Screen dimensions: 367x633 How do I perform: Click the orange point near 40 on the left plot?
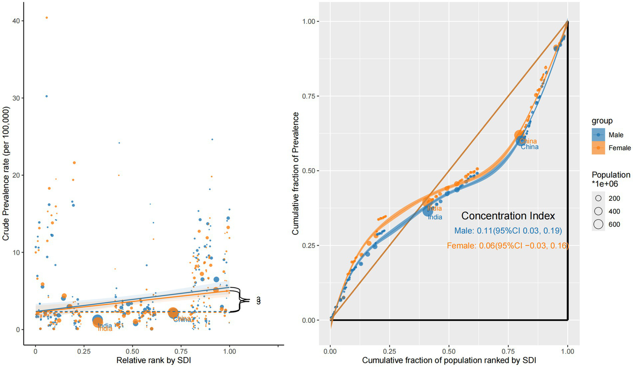tap(47, 18)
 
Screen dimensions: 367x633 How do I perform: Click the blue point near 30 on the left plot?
tap(47, 96)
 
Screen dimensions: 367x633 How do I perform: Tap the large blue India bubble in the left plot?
tap(97, 320)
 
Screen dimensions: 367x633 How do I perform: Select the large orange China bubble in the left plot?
tap(173, 313)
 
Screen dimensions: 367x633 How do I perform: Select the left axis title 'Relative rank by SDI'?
tap(153, 360)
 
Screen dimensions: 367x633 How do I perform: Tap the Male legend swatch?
tap(598, 135)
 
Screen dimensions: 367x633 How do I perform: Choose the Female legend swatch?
tap(598, 148)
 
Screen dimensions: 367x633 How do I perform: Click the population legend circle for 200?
tap(598, 198)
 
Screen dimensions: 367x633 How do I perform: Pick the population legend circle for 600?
tap(598, 224)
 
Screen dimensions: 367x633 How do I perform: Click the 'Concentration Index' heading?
tap(508, 216)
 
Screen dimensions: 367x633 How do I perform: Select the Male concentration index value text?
tap(508, 231)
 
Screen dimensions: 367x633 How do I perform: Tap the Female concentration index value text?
tap(508, 246)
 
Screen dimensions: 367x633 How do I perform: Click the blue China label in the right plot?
tap(529, 147)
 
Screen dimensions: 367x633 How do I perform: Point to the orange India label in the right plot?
tap(434, 208)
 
